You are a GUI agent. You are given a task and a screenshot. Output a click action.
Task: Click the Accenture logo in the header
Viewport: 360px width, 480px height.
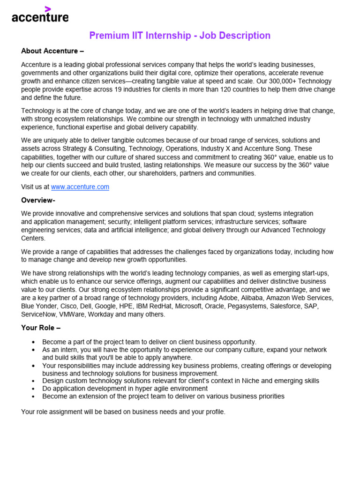pyautogui.click(x=40, y=17)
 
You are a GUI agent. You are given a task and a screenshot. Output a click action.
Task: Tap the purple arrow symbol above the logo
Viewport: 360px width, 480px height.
pyautogui.click(x=47, y=9)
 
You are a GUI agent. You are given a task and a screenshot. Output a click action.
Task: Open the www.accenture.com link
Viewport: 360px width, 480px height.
pyautogui.click(x=80, y=187)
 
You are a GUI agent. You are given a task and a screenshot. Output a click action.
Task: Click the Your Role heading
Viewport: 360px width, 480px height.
pyautogui.click(x=41, y=328)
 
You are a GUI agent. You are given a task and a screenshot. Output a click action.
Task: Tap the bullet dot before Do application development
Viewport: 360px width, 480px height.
pyautogui.click(x=33, y=389)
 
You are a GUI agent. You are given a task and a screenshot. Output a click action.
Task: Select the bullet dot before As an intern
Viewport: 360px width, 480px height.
pyautogui.click(x=33, y=350)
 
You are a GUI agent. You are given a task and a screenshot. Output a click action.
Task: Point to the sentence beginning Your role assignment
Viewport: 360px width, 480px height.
pyautogui.click(x=123, y=412)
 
